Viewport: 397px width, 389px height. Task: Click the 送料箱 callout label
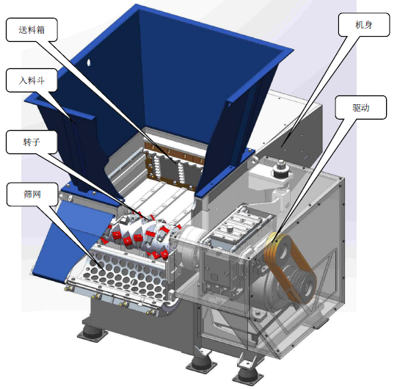32,30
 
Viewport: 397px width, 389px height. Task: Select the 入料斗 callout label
32,80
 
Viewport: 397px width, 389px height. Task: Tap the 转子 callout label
32,142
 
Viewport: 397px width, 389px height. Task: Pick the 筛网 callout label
32,194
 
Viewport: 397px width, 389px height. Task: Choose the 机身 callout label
364,25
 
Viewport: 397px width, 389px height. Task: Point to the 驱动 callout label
361,107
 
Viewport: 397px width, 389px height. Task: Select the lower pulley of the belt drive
306,288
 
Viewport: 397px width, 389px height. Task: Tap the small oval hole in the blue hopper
89,62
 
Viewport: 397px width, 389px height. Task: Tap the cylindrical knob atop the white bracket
281,168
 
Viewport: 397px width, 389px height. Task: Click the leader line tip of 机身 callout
281,146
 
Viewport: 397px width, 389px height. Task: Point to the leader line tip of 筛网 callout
103,269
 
